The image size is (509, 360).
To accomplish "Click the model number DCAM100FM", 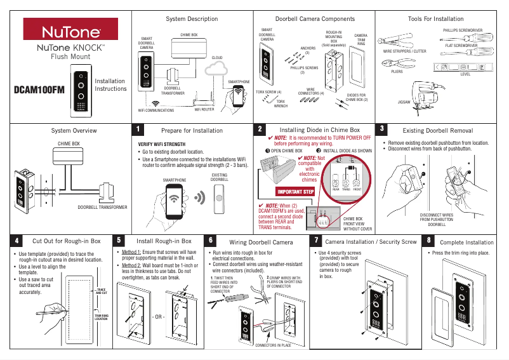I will point(39,90).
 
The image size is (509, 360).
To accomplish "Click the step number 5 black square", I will point(120,241).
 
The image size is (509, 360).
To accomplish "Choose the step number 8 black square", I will point(430,241).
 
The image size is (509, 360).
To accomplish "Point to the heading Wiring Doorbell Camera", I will point(261,243).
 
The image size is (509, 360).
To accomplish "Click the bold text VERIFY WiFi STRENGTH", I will point(162,145).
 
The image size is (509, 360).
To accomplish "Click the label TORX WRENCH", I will point(281,103).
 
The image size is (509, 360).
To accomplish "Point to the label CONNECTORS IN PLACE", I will point(273,345).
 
